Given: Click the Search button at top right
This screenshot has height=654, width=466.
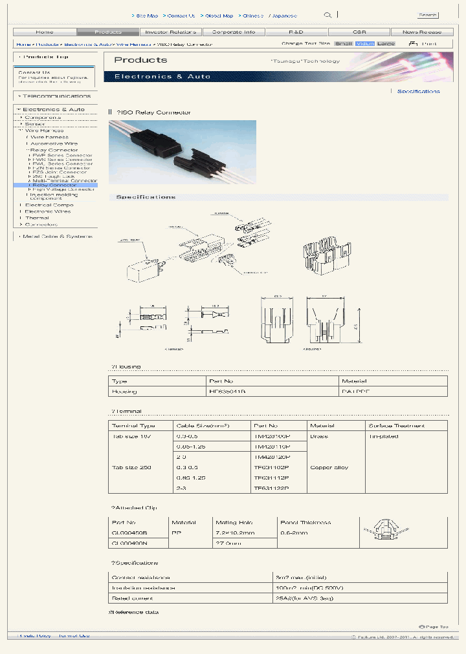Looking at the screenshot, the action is (x=428, y=15).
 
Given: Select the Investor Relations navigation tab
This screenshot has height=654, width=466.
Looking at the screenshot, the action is (x=170, y=32).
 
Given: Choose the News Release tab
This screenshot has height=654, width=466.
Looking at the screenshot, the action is (x=422, y=32).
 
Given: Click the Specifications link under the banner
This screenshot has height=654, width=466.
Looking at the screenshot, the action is (x=418, y=92).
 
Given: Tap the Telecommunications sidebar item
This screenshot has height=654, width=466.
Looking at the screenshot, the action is (x=56, y=96).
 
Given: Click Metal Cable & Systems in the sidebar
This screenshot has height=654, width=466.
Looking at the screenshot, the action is (x=57, y=237).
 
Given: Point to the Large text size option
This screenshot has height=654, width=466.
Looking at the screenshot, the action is (x=386, y=44).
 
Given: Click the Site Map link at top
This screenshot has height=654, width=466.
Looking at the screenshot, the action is (x=147, y=16).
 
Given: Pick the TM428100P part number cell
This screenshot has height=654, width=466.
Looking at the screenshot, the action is (x=272, y=436).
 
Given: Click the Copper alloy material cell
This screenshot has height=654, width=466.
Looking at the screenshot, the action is (x=329, y=467).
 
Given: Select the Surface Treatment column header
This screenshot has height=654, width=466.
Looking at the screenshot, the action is (x=396, y=426).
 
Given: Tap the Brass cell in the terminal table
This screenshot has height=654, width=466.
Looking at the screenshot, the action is (x=319, y=436).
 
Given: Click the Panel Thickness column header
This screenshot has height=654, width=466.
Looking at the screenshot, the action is (x=306, y=522).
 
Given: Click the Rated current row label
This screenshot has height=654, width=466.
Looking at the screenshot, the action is (x=131, y=598).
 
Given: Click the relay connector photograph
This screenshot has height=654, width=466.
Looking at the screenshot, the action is (x=183, y=153).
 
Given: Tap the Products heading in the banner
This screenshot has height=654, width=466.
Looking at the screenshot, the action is (x=140, y=60).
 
